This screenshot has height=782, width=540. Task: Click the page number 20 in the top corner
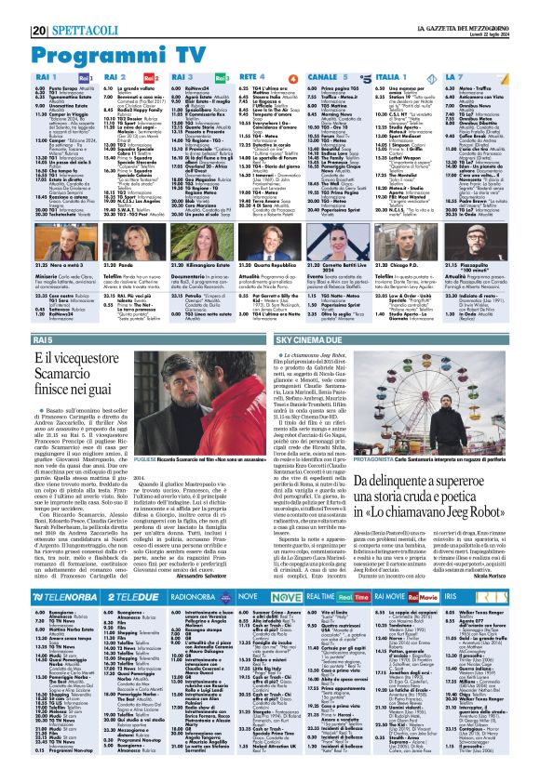click(15, 7)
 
